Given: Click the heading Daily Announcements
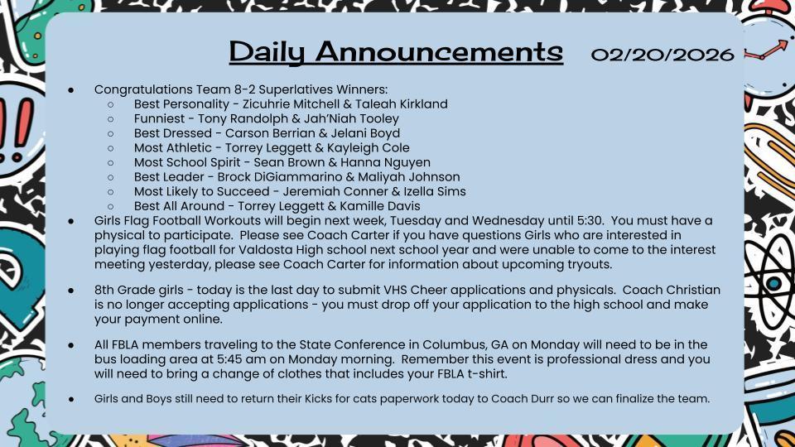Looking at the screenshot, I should [395, 51].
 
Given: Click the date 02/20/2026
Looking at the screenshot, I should [662, 55].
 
